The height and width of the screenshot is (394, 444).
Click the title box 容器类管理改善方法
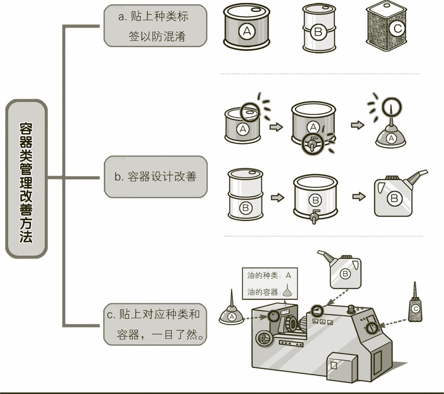26,179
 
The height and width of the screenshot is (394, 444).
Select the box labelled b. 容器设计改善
156,177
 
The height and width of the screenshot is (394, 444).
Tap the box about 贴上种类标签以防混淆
155,26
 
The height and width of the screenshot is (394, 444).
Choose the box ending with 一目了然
155,325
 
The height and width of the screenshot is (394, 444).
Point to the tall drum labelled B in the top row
319,28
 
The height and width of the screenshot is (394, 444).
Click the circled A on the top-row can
247,31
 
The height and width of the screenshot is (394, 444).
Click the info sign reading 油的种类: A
270,283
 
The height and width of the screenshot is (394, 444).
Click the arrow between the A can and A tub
276,127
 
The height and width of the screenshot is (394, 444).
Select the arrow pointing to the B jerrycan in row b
359,196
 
